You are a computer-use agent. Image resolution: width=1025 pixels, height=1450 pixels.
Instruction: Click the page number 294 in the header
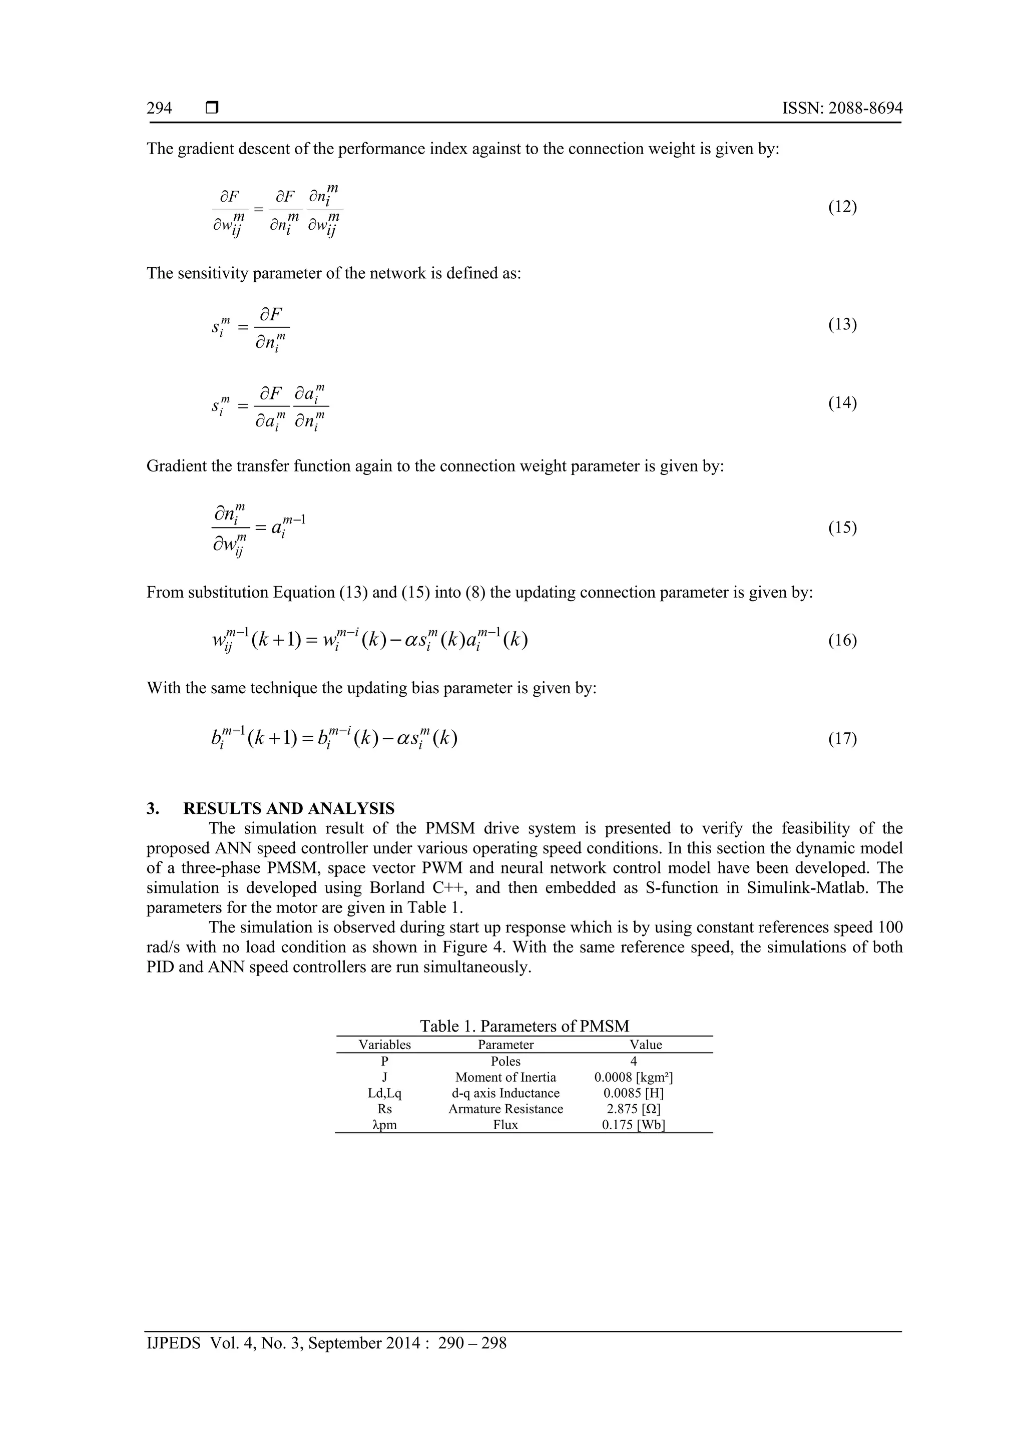(159, 108)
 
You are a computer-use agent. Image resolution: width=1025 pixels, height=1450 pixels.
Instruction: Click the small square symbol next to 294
(212, 108)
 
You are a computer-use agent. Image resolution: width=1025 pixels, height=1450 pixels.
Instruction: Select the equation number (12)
(842, 207)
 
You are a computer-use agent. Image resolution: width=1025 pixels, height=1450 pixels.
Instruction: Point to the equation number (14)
(842, 403)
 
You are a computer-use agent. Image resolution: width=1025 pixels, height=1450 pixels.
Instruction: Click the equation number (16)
(842, 640)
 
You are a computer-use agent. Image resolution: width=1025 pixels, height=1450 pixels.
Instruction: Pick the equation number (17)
(842, 738)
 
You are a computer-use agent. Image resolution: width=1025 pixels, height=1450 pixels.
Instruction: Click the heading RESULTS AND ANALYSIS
(289, 808)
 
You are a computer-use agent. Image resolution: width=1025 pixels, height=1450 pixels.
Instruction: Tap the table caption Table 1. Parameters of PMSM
(524, 1026)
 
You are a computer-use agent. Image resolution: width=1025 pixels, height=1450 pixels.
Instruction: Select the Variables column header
(384, 1045)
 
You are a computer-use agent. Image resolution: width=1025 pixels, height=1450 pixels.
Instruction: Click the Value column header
(646, 1045)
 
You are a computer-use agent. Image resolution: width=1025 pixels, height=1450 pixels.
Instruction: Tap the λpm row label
(384, 1125)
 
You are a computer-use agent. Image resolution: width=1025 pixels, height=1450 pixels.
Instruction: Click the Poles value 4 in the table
(634, 1062)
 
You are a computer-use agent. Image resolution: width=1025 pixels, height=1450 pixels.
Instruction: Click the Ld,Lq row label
(384, 1093)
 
